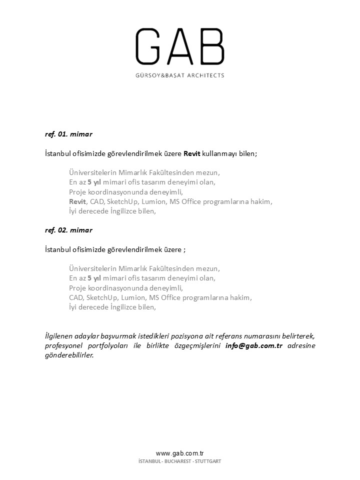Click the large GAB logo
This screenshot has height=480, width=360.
coord(180,46)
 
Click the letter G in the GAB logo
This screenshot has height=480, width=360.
coord(150,46)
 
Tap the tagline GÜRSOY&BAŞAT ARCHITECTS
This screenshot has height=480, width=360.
coord(180,75)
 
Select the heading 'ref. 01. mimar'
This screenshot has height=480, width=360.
coord(68,134)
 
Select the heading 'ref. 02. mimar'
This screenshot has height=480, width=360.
coord(68,230)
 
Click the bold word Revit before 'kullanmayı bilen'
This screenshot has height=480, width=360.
coord(191,154)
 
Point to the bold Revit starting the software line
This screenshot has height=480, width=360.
coord(78,201)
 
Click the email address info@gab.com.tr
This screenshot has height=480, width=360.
coord(254,346)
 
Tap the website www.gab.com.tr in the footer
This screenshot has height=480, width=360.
coord(180,453)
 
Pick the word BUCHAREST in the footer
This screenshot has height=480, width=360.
coord(178,461)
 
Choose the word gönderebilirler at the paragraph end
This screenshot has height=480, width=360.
coord(69,355)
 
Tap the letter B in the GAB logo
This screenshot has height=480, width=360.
coord(212,46)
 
